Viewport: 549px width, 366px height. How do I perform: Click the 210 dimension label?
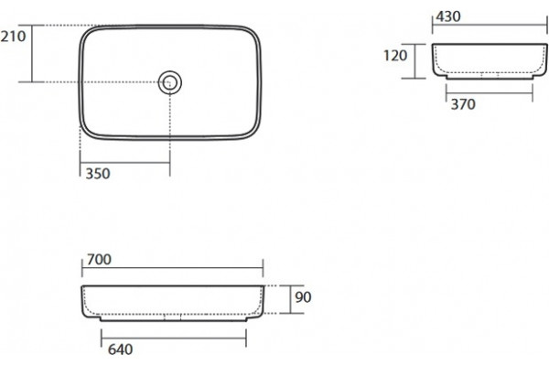point(13,37)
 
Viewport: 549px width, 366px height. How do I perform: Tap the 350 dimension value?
point(98,174)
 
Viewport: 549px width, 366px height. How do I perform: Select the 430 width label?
point(448,16)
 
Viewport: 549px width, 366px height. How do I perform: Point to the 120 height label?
point(395,55)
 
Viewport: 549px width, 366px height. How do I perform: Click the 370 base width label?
point(463,104)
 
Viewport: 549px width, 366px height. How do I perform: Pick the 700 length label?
point(99,260)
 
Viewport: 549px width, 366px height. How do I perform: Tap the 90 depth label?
point(303,297)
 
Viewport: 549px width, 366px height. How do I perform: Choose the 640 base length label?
point(120,350)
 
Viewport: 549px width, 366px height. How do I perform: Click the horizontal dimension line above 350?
point(125,163)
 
